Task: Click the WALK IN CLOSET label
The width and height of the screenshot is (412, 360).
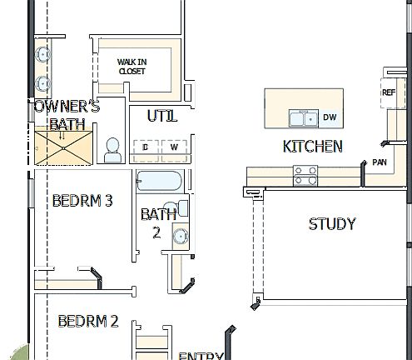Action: [x=132, y=67]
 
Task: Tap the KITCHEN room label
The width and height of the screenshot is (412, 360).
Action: [x=313, y=147]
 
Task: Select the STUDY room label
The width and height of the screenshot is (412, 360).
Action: [x=332, y=223]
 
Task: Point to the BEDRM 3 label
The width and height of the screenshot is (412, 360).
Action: [x=82, y=201]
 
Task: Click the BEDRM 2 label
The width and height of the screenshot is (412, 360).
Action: [x=87, y=321]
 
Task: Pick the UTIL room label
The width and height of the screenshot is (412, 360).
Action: [x=162, y=116]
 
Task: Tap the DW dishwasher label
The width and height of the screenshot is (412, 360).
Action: [x=330, y=117]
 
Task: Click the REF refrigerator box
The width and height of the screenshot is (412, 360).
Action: [x=390, y=93]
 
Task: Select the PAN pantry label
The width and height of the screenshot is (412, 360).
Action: [x=380, y=162]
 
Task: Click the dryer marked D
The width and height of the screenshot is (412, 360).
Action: [x=146, y=148]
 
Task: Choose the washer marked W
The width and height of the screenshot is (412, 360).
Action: [x=175, y=148]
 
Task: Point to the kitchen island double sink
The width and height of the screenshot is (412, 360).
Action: [x=302, y=118]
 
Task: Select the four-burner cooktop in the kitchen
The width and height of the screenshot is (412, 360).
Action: [x=305, y=175]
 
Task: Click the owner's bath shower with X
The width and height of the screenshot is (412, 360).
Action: [x=65, y=147]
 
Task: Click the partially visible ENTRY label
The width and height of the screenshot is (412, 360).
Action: [x=201, y=356]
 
